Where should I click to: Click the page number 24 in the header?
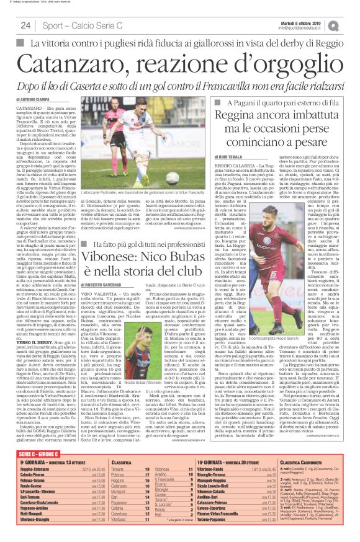click(x=25, y=25)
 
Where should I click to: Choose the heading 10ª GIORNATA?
click(x=210, y=462)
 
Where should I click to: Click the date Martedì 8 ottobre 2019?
click(x=300, y=23)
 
